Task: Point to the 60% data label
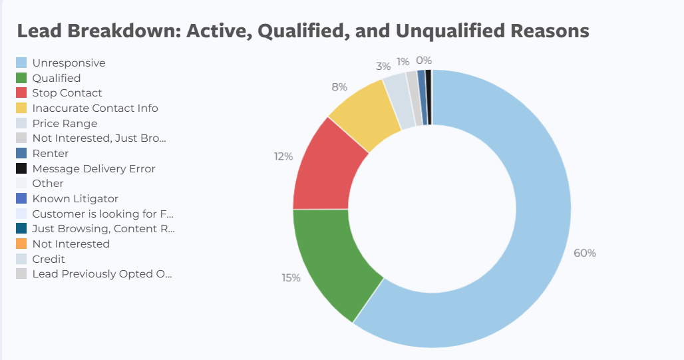[585, 253]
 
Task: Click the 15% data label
[291, 277]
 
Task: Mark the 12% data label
[283, 156]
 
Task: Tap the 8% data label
[339, 87]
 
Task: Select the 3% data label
[383, 67]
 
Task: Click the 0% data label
[424, 61]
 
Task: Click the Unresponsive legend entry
[69, 63]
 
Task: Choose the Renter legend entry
[50, 154]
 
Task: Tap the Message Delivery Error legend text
[94, 168]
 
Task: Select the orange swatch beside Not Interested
[21, 244]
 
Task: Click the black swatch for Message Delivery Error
[21, 168]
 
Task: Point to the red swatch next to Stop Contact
[21, 93]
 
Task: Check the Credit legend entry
[49, 259]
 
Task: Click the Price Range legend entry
[65, 123]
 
